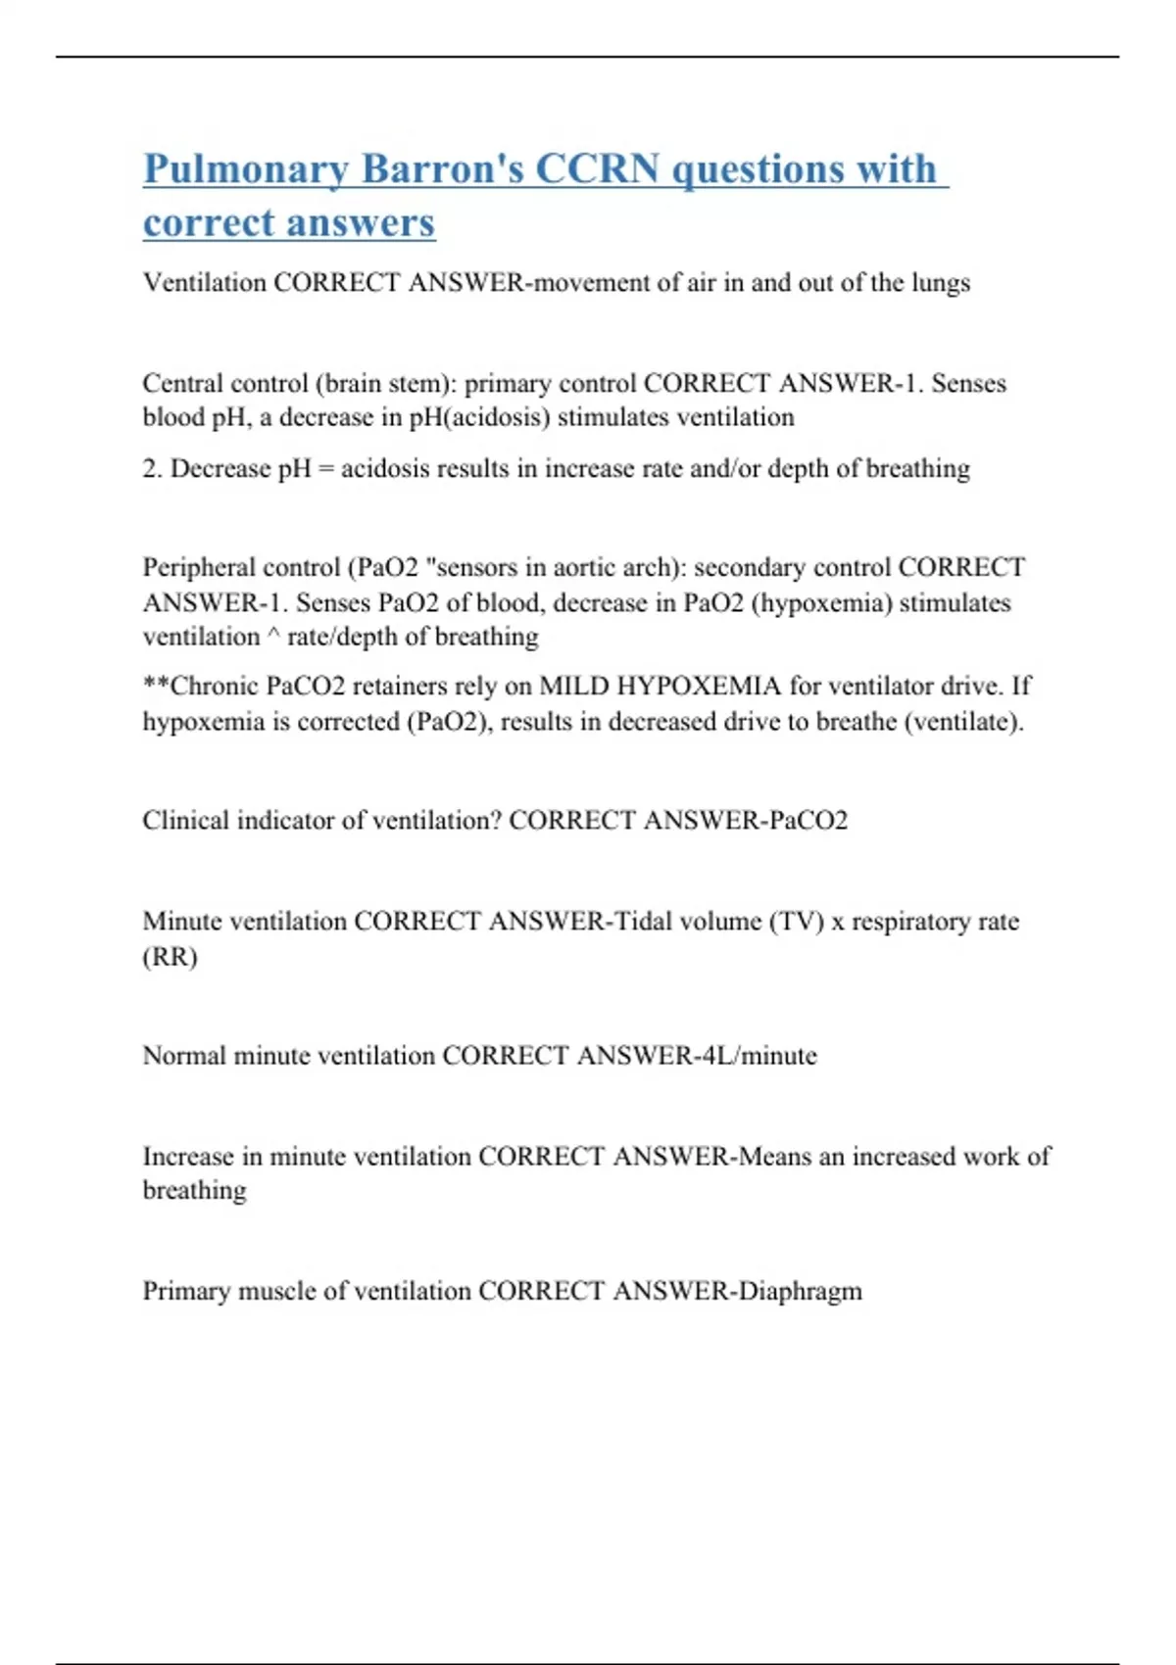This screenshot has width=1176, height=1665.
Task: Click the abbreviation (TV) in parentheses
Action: [796, 922]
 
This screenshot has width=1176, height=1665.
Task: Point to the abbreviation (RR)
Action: [171, 957]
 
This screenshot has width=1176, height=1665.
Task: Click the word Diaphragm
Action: [800, 1291]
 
